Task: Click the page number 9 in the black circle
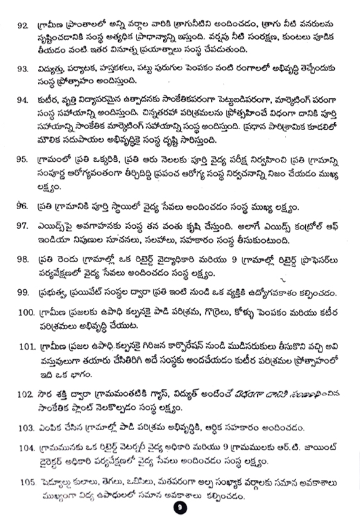180,508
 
